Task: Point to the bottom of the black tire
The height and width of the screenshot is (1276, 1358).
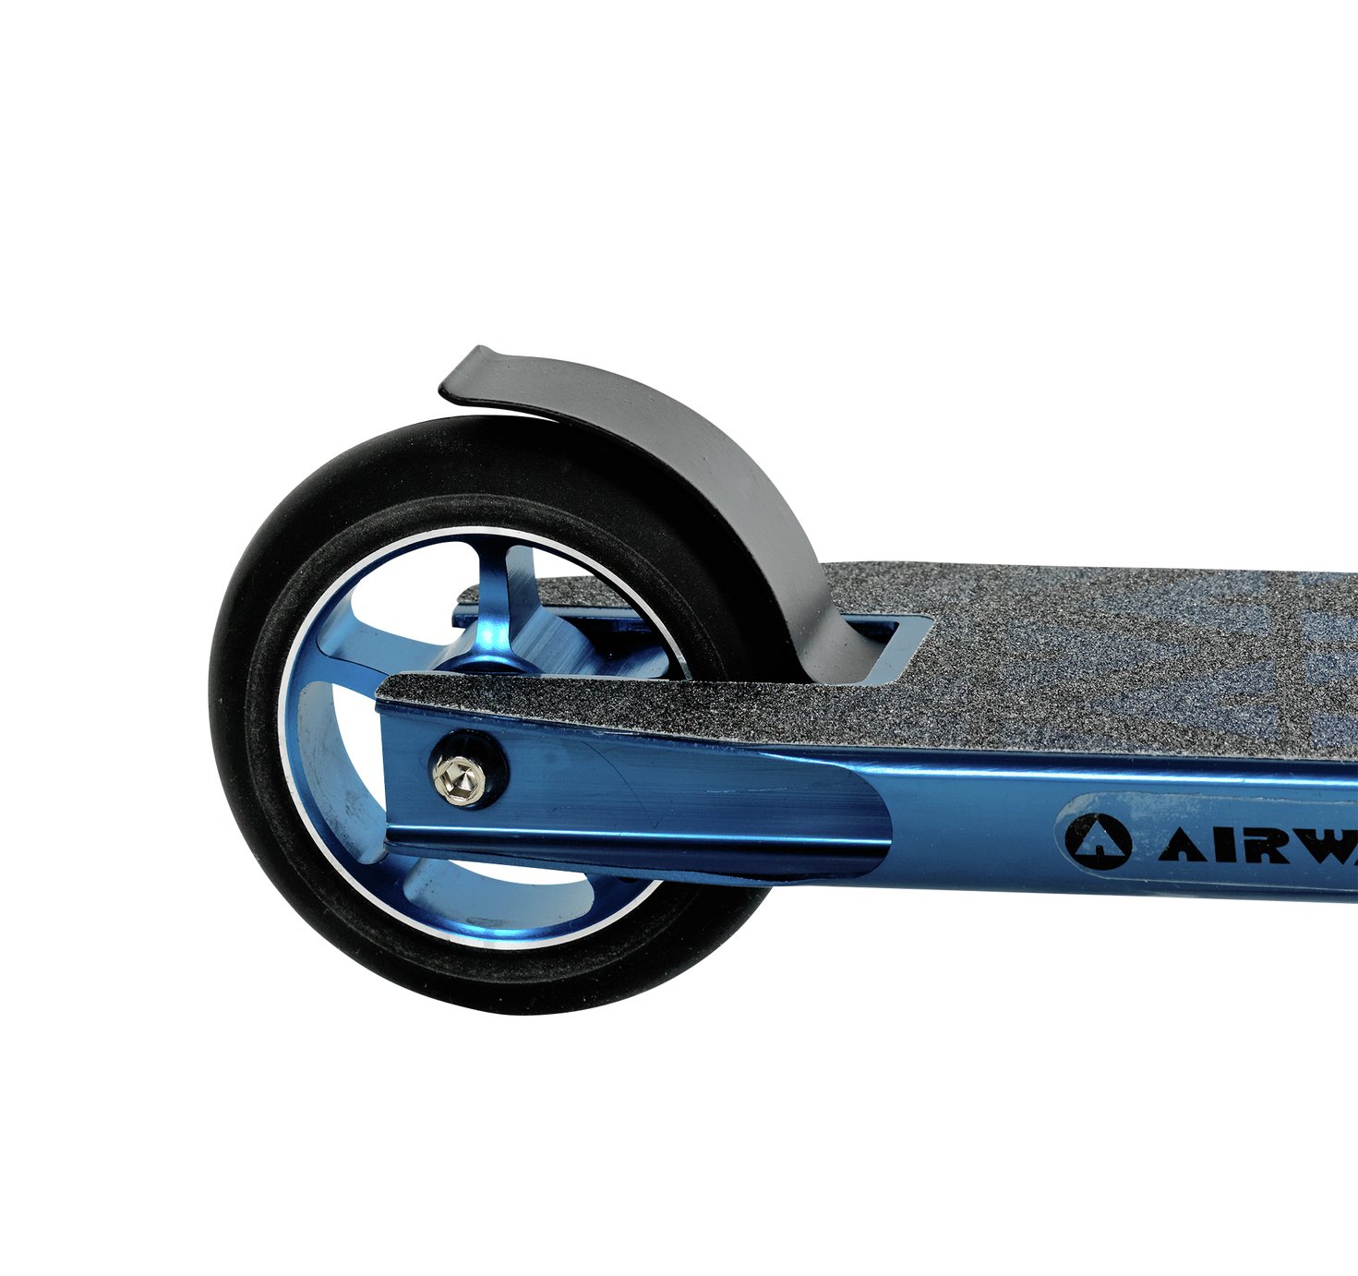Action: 489,1002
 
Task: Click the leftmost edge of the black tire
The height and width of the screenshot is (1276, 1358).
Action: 211,720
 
